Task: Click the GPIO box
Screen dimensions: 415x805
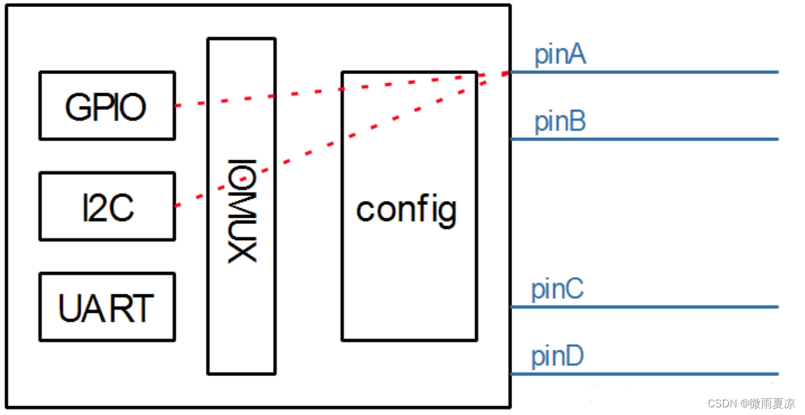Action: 107,106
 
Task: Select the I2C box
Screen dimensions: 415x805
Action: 107,206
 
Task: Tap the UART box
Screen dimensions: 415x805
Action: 107,307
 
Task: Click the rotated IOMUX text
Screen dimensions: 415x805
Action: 241,209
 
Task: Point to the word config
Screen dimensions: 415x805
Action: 407,209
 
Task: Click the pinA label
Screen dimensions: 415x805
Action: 560,56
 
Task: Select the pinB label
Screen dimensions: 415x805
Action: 560,121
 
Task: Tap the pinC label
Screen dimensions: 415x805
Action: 558,289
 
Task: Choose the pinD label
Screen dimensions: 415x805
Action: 558,356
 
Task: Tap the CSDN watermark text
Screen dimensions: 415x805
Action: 751,404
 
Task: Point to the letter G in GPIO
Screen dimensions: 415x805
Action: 78,107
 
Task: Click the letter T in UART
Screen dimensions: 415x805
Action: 143,308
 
